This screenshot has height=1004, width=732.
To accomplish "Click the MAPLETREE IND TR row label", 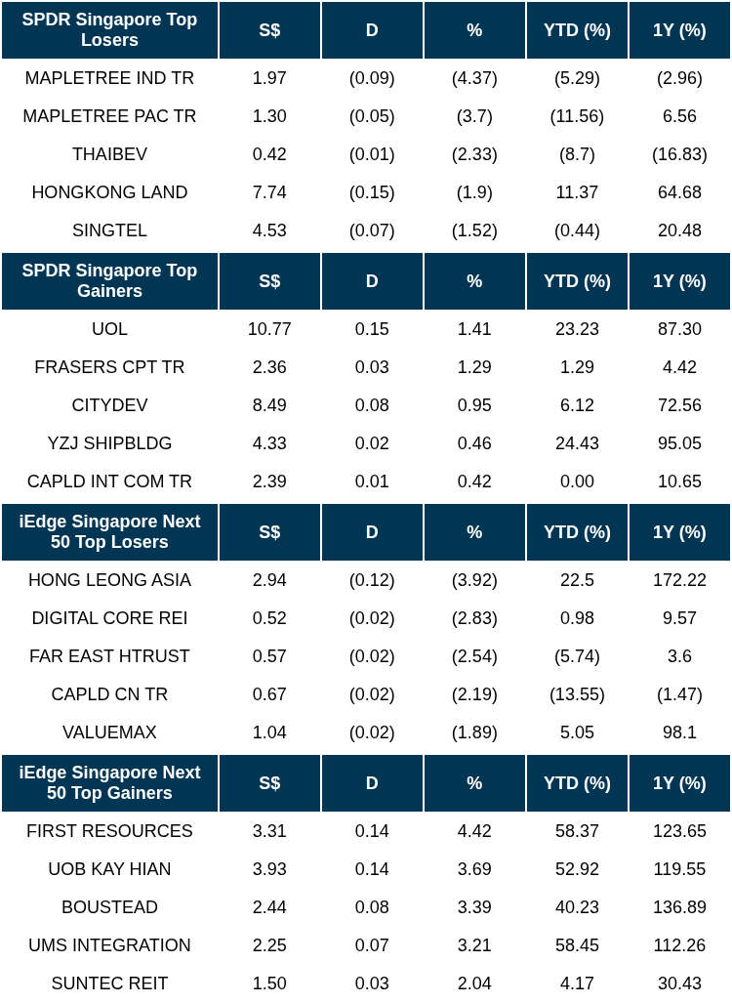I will click(109, 78).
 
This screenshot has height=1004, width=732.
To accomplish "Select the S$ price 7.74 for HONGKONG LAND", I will click(269, 192).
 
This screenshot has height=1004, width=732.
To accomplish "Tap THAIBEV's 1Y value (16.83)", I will click(679, 154).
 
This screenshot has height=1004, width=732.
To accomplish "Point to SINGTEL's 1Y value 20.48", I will click(679, 230).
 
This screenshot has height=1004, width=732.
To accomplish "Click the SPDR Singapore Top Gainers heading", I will click(109, 281).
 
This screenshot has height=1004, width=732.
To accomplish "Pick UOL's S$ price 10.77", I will click(269, 329).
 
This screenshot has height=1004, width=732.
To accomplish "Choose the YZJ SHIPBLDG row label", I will click(109, 443).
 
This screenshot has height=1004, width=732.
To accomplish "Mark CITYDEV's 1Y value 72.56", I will click(679, 405).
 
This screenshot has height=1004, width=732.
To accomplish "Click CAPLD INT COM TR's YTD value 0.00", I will click(577, 481).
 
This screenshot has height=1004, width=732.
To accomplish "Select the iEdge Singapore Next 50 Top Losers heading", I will click(109, 532).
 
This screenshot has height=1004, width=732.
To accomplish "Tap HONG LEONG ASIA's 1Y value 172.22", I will click(679, 580).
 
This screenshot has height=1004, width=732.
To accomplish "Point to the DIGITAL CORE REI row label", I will click(109, 618).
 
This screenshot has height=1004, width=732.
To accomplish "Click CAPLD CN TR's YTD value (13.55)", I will click(577, 694).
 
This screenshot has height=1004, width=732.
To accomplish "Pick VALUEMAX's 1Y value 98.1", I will click(679, 732).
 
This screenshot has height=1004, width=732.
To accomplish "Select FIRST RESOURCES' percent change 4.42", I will click(474, 831).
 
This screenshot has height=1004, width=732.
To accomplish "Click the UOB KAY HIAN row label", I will click(109, 869).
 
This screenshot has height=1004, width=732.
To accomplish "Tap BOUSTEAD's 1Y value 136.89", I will click(679, 907).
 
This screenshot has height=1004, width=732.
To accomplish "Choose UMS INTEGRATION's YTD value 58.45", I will click(577, 945).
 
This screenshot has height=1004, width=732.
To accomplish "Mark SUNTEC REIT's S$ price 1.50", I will click(269, 983).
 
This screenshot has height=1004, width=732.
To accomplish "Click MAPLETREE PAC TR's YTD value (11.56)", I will click(577, 116).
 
